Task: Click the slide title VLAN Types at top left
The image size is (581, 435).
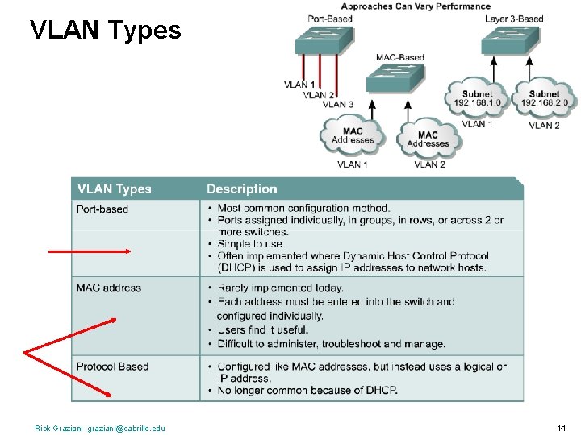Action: pos(105,31)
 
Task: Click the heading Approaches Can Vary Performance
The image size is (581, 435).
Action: pos(416,6)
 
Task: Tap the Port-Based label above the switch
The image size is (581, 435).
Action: pos(329,19)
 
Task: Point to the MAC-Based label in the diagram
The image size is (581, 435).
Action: pos(399,57)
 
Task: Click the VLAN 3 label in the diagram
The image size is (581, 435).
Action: pos(338,104)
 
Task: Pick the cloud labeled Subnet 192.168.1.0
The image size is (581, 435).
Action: pos(477,98)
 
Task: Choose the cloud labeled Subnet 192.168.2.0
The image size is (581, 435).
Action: pos(544,98)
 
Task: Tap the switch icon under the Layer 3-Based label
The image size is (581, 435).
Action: pos(510,40)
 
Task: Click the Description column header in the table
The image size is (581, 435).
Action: pos(241,189)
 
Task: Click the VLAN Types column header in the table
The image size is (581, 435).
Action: pos(114,189)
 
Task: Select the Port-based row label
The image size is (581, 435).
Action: pos(102,209)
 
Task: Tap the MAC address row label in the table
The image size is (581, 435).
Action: pos(108,288)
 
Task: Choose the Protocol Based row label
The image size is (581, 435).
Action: pos(112,367)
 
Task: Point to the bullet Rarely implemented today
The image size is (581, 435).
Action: pos(280,288)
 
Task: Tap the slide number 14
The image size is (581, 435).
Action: pos(561,428)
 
